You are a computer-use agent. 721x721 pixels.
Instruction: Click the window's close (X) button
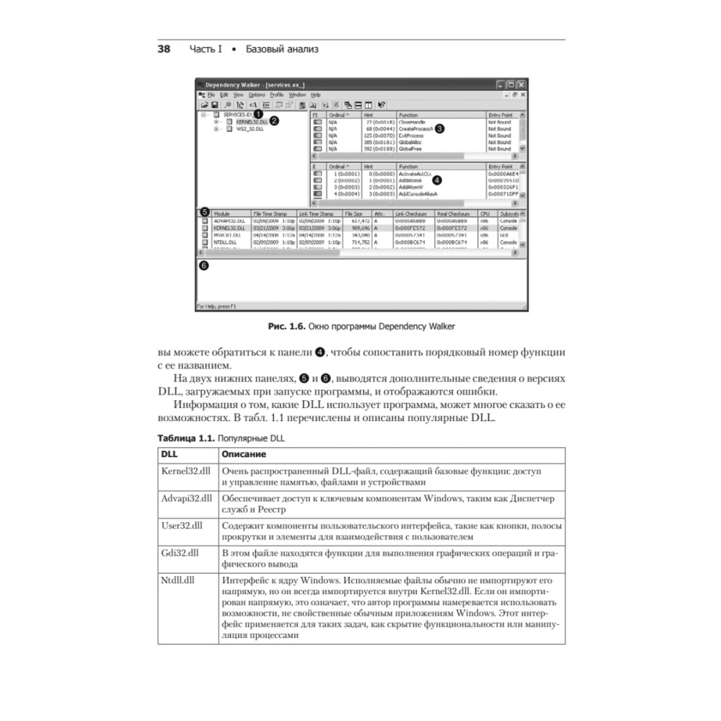point(521,84)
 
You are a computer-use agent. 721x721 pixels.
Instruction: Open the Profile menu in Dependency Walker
point(277,95)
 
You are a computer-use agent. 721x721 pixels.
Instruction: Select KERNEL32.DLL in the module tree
point(252,122)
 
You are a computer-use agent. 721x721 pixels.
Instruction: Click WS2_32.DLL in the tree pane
point(251,129)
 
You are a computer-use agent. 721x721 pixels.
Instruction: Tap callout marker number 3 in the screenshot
point(438,128)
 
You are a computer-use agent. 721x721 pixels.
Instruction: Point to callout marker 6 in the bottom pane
point(204,265)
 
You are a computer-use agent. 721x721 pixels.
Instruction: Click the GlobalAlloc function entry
point(410,142)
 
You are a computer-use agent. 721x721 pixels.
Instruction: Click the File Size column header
point(354,214)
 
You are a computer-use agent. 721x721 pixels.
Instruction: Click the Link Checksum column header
point(410,214)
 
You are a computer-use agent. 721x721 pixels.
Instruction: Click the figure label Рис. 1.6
point(286,327)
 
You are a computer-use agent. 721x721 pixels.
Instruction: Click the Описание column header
point(244,454)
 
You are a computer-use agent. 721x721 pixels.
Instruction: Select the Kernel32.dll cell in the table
point(185,471)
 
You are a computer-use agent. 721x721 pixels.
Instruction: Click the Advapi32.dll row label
point(187,498)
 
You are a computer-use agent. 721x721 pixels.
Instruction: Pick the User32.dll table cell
point(182,526)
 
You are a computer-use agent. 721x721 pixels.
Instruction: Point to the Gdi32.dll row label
point(180,553)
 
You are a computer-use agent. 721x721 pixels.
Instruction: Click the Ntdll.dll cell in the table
point(178,580)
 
